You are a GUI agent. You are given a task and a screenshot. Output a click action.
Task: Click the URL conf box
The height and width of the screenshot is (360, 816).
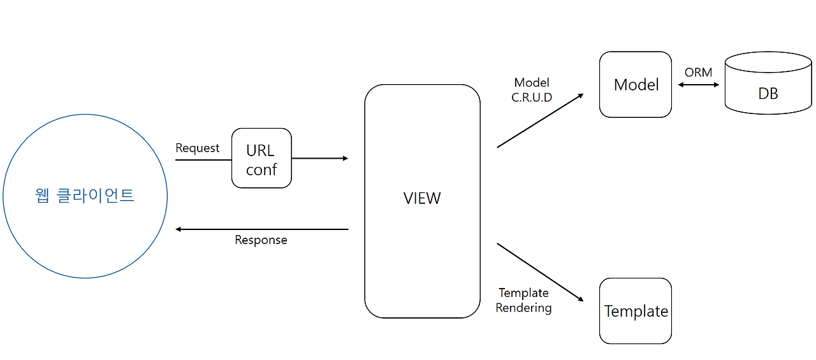261,158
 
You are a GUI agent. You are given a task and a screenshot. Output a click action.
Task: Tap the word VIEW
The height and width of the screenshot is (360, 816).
422,198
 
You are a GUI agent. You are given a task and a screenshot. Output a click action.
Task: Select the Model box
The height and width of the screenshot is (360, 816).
636,85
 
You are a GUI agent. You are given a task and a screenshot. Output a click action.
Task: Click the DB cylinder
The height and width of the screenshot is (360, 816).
768,83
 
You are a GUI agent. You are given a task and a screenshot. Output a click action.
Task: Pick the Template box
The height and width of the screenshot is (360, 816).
636,311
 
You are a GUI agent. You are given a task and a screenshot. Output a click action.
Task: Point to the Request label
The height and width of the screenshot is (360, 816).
197,148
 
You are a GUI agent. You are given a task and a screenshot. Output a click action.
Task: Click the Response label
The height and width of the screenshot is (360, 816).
261,240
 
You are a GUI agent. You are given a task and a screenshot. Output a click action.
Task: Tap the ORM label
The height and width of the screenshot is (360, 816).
698,73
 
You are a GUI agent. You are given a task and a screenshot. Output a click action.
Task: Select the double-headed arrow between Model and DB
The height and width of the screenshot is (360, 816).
698,85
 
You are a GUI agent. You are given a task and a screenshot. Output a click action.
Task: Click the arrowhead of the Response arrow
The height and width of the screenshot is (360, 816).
178,229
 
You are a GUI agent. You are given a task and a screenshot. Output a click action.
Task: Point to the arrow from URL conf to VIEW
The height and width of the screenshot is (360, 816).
320,159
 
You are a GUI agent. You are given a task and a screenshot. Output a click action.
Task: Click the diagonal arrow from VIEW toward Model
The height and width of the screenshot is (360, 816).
540,120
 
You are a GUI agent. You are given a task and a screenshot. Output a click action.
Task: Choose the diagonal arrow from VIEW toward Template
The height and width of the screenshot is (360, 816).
540,272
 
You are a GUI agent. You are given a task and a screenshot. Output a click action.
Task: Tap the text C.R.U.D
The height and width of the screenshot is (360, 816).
532,97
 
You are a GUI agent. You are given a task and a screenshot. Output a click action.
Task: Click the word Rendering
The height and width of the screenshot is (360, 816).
523,308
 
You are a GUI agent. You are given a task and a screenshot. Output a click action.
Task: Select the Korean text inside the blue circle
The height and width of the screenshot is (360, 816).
85,196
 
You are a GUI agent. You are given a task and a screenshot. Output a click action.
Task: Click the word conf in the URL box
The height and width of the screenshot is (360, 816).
261,169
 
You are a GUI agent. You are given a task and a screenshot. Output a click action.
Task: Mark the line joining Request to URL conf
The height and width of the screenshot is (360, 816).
203,159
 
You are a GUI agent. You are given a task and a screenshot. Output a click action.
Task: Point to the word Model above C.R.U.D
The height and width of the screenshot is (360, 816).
532,83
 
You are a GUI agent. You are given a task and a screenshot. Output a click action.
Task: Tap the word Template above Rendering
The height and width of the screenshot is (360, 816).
523,293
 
